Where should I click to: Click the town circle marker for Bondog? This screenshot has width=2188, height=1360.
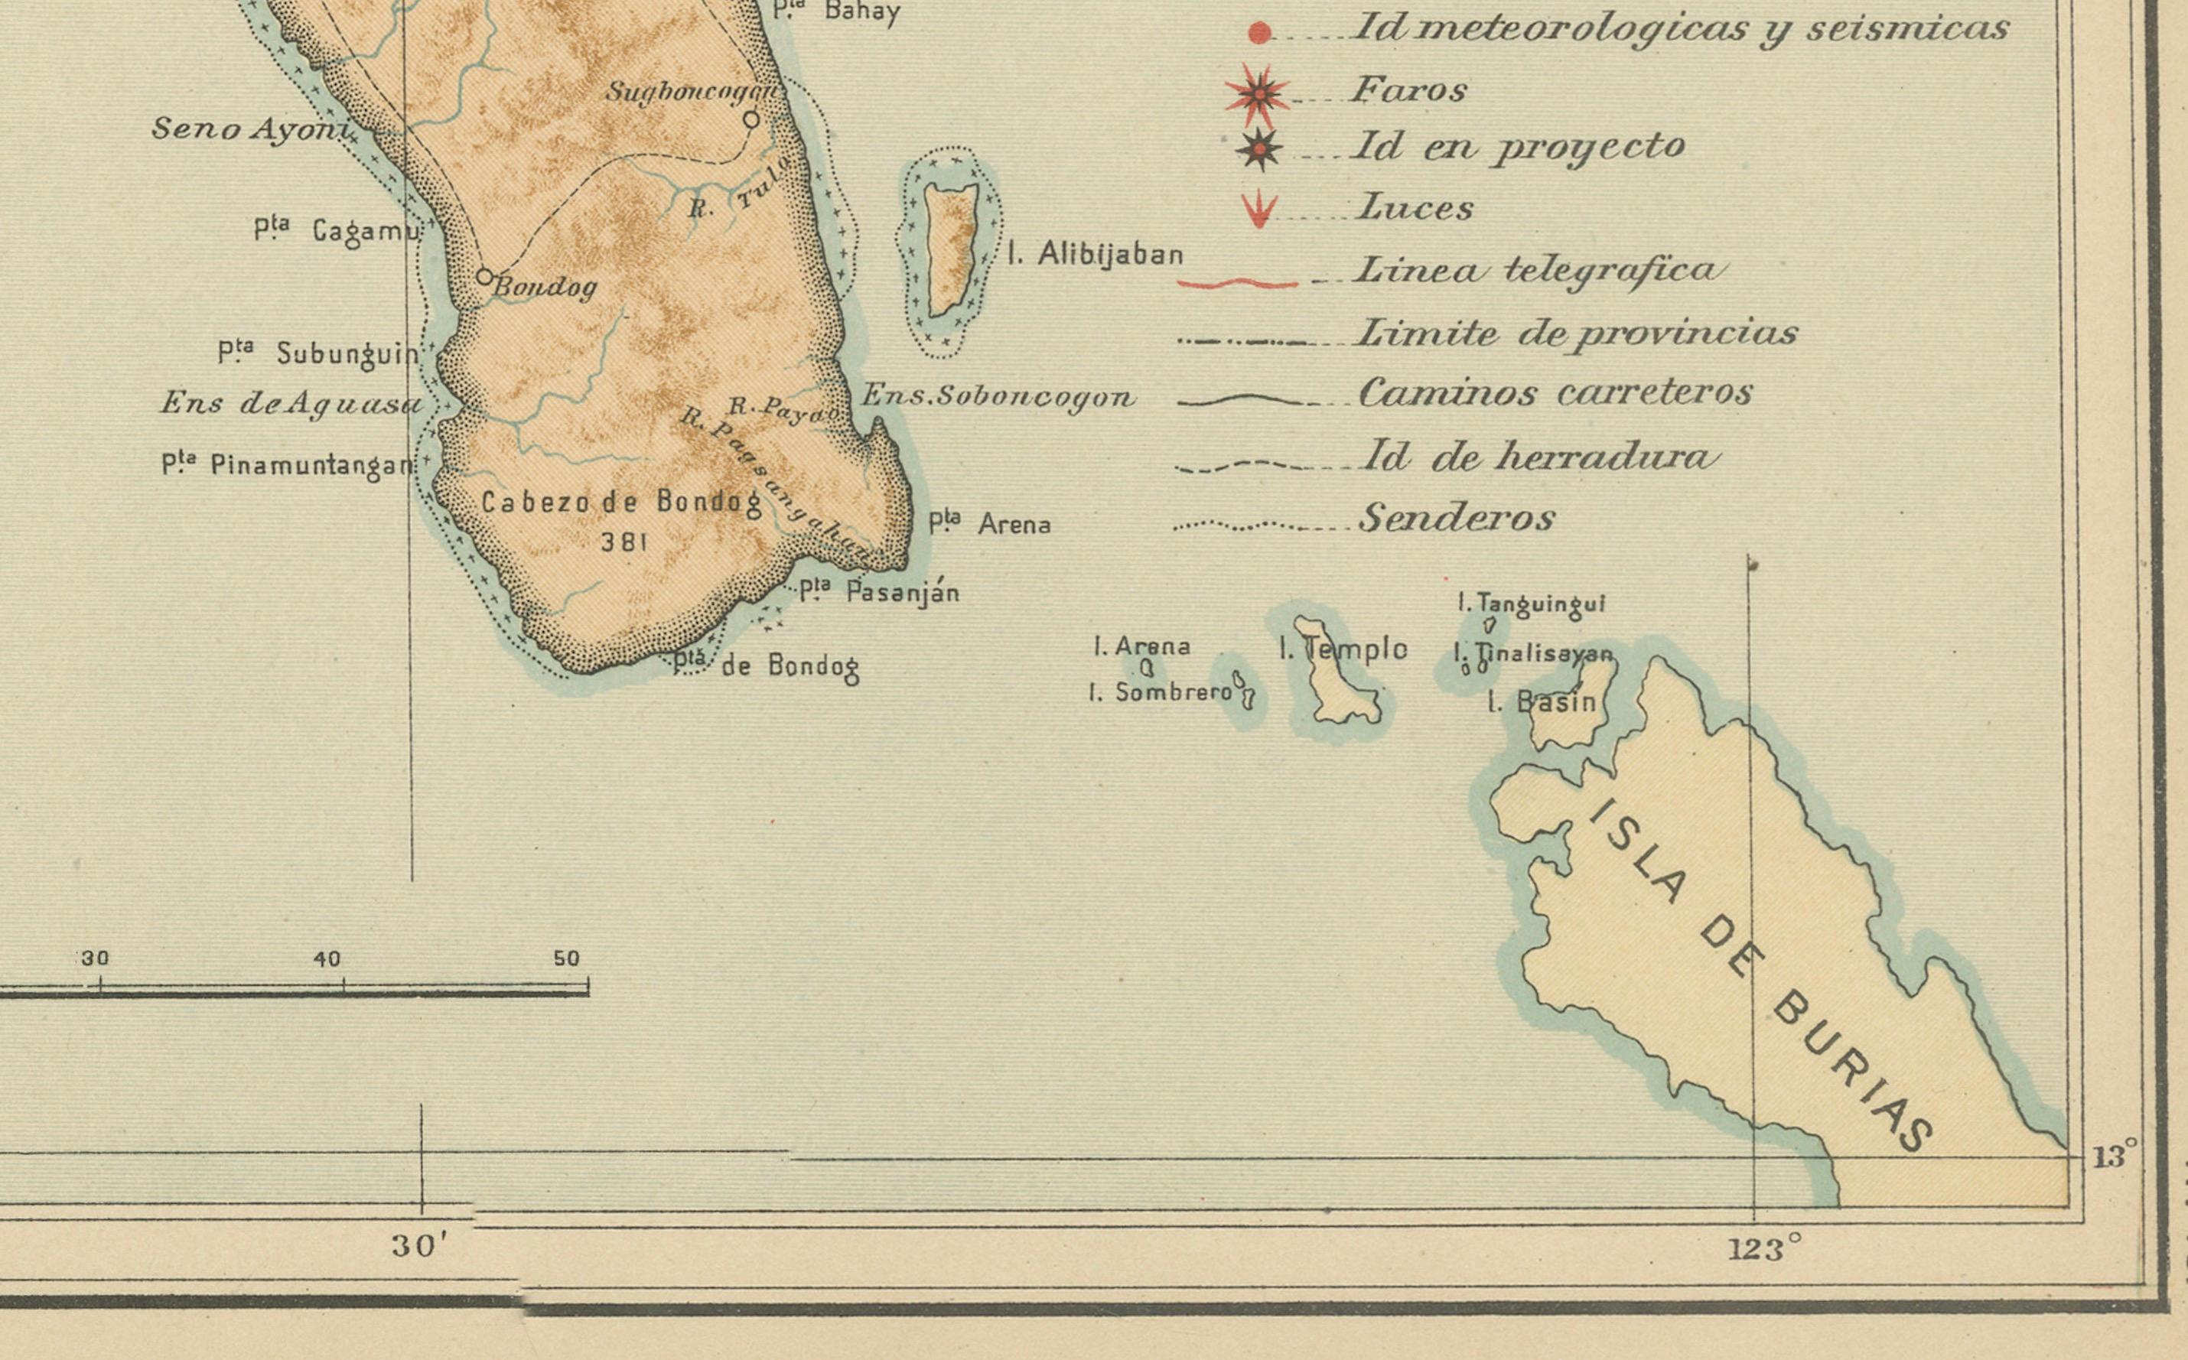coord(484,276)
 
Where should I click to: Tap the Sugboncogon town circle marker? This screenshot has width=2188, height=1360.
coord(751,118)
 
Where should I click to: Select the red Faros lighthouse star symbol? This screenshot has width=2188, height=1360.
coord(1258,93)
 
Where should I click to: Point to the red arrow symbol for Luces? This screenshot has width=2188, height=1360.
coord(1258,210)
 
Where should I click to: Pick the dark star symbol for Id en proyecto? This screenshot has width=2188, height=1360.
coord(1258,149)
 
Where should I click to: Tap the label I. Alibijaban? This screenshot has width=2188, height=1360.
coord(1095,255)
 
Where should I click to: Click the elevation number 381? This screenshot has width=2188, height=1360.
coord(624,541)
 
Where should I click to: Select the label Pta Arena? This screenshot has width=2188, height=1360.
coord(990,522)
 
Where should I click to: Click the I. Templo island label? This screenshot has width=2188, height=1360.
coord(1343,649)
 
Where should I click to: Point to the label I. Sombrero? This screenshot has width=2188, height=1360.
coord(1160,691)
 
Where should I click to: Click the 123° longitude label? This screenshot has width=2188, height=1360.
coord(1764,1248)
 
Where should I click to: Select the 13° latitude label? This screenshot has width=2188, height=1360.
coord(2115,1156)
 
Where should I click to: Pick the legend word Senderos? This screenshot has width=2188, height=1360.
coord(1457,517)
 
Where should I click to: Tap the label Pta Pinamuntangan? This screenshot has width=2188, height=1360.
coord(288,465)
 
